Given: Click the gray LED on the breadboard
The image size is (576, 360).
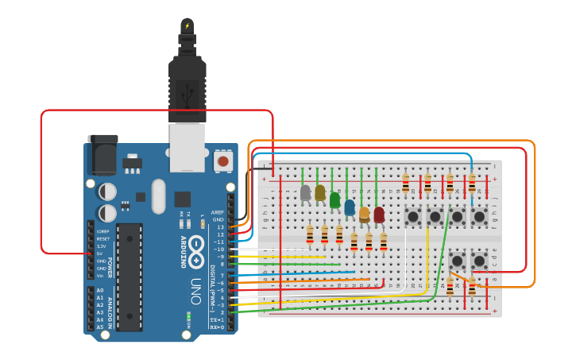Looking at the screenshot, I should tap(305, 192).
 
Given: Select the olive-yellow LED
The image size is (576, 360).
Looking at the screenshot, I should tap(320, 193).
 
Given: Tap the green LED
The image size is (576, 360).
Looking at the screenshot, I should tap(335, 200).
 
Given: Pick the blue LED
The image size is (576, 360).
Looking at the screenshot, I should tap(350, 207).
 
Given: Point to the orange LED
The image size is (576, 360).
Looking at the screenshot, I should tap(365, 214).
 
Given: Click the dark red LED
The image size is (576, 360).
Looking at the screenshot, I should tap(379, 215).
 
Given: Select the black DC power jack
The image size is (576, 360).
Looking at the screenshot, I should tap(102, 155).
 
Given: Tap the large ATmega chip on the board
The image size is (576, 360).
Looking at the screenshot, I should tap(129, 276).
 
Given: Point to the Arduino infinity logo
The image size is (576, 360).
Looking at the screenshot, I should tap(196, 245).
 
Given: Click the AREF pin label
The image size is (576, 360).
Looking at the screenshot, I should tap(218, 213).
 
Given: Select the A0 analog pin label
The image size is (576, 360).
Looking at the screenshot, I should tap(100, 290).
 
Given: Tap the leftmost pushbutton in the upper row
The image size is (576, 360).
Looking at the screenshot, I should tap(413, 215).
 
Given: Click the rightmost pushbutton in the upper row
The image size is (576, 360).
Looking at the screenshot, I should tap(479, 215).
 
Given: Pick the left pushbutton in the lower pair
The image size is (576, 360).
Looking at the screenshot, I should tap(458, 260).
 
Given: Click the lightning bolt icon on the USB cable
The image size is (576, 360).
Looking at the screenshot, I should tap(187, 25).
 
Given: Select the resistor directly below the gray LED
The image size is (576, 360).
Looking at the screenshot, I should tap(310, 234).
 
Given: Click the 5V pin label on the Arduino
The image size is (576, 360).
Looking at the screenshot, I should tap(100, 254).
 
